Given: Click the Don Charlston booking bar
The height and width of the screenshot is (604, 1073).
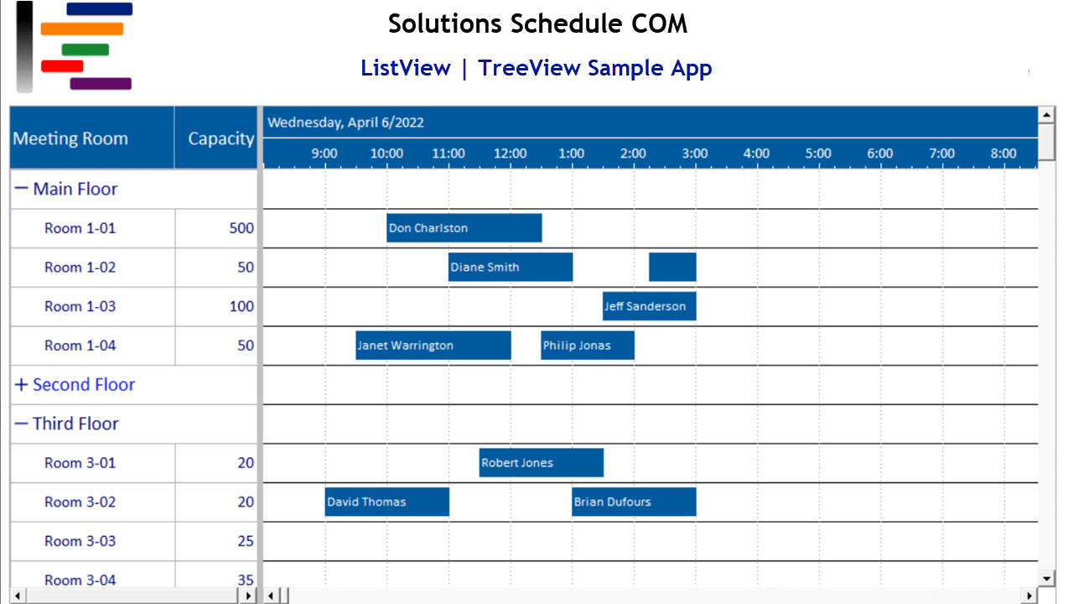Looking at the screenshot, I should pos(464,228).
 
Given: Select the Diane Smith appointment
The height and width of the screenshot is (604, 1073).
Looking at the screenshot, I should pos(510,267).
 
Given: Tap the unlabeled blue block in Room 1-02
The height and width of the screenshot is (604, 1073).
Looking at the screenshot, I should pos(672,267).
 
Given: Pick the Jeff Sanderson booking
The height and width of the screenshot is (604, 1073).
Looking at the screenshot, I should pos(649,306).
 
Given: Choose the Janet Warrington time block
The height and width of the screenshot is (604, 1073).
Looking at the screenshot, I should pos(433,345).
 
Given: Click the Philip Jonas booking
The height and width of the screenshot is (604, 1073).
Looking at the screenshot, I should pos(587,345).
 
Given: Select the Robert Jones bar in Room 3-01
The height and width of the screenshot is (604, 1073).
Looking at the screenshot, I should pos(541,462).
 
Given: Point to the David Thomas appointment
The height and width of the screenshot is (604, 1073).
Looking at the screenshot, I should pos(386,502).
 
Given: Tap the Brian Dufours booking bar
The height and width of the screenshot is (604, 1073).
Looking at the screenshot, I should pos(633,502).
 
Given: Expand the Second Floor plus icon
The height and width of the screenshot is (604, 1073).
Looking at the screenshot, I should pos(21,385).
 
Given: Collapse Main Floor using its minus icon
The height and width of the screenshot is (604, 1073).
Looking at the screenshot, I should pos(21,189).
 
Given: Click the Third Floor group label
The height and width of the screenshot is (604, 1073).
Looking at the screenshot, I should pos(75,424).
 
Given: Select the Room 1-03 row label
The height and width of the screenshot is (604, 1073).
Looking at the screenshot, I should pos(80,306).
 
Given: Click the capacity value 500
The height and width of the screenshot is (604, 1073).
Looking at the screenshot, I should pos(241,228).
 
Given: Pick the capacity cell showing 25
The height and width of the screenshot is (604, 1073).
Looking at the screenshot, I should pos(245,541).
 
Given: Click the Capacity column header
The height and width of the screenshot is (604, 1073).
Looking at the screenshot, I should pos(220,138).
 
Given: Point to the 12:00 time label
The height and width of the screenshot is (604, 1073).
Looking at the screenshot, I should pos(510,154).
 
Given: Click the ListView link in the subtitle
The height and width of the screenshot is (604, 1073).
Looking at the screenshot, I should pos(406,68).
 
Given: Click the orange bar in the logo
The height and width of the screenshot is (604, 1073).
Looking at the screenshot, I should pos(82,29).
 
